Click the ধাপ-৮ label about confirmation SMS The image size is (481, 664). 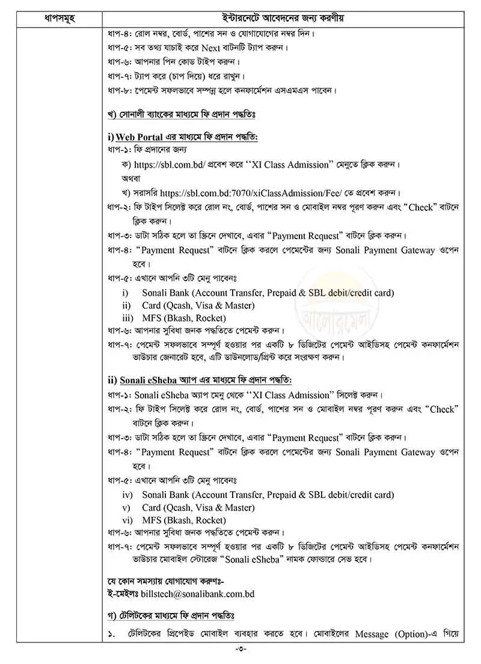coord(115,91)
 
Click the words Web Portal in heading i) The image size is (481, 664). coord(139,138)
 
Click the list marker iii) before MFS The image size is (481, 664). coord(127,318)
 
